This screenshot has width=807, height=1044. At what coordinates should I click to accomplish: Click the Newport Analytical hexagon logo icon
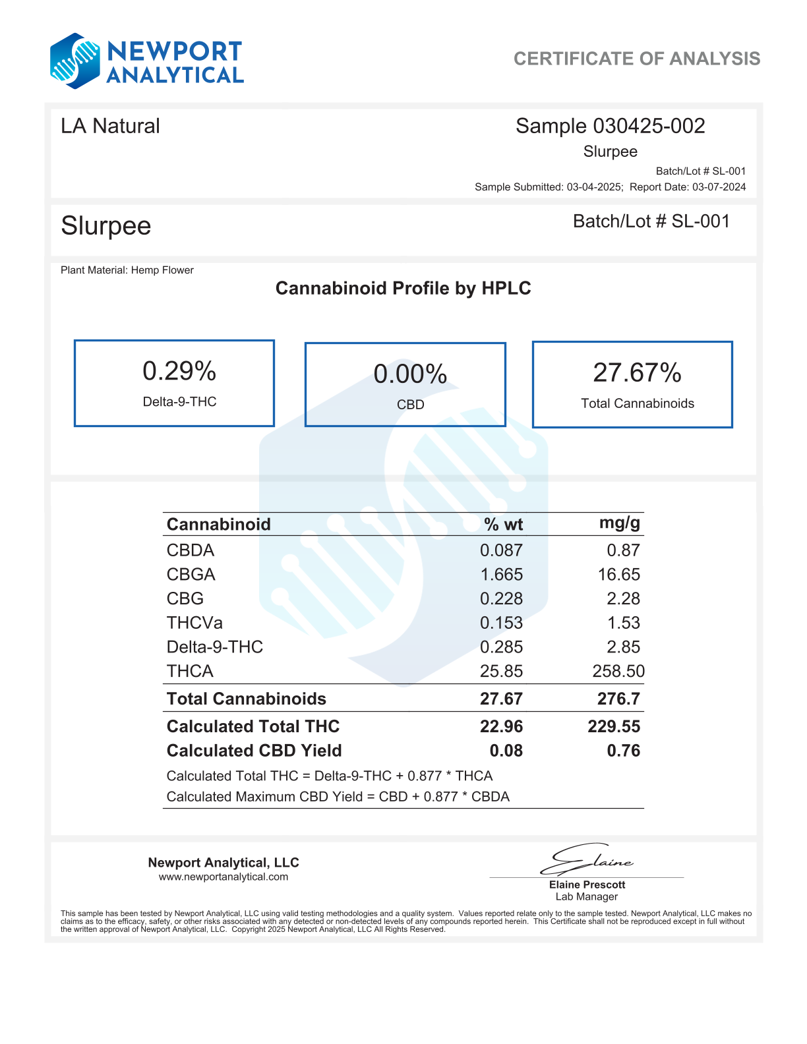click(x=75, y=61)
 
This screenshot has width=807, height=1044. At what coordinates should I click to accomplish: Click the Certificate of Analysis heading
click(x=636, y=59)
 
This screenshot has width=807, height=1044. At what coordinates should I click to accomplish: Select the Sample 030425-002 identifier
click(x=610, y=126)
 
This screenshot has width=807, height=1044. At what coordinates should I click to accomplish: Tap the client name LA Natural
click(x=110, y=126)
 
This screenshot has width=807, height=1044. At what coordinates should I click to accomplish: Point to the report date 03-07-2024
click(x=719, y=187)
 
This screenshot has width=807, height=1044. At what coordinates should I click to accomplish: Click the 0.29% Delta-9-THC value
click(x=179, y=372)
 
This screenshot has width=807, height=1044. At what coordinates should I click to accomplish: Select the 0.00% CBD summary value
click(x=410, y=374)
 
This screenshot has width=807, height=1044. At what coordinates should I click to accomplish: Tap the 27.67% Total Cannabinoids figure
click(x=637, y=373)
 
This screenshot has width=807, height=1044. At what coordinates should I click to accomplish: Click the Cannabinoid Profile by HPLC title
click(x=403, y=288)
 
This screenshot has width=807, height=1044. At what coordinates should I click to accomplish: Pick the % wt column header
click(x=503, y=525)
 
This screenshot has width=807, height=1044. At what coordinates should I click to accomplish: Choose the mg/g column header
click(x=619, y=523)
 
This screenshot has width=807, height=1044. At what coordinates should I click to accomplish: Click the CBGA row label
click(x=191, y=575)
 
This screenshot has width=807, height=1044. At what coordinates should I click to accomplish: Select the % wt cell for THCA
click(x=501, y=672)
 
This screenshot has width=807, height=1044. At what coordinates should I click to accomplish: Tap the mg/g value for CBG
click(x=623, y=599)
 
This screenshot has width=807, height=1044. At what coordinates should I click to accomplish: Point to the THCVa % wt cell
click(x=501, y=623)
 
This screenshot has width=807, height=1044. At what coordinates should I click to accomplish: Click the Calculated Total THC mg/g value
click(x=614, y=726)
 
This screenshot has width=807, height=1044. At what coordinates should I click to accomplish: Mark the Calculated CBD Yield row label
click(x=254, y=751)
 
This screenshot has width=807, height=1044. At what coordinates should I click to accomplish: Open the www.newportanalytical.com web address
click(x=224, y=877)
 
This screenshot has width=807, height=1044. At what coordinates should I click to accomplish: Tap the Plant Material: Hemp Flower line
click(x=127, y=270)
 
